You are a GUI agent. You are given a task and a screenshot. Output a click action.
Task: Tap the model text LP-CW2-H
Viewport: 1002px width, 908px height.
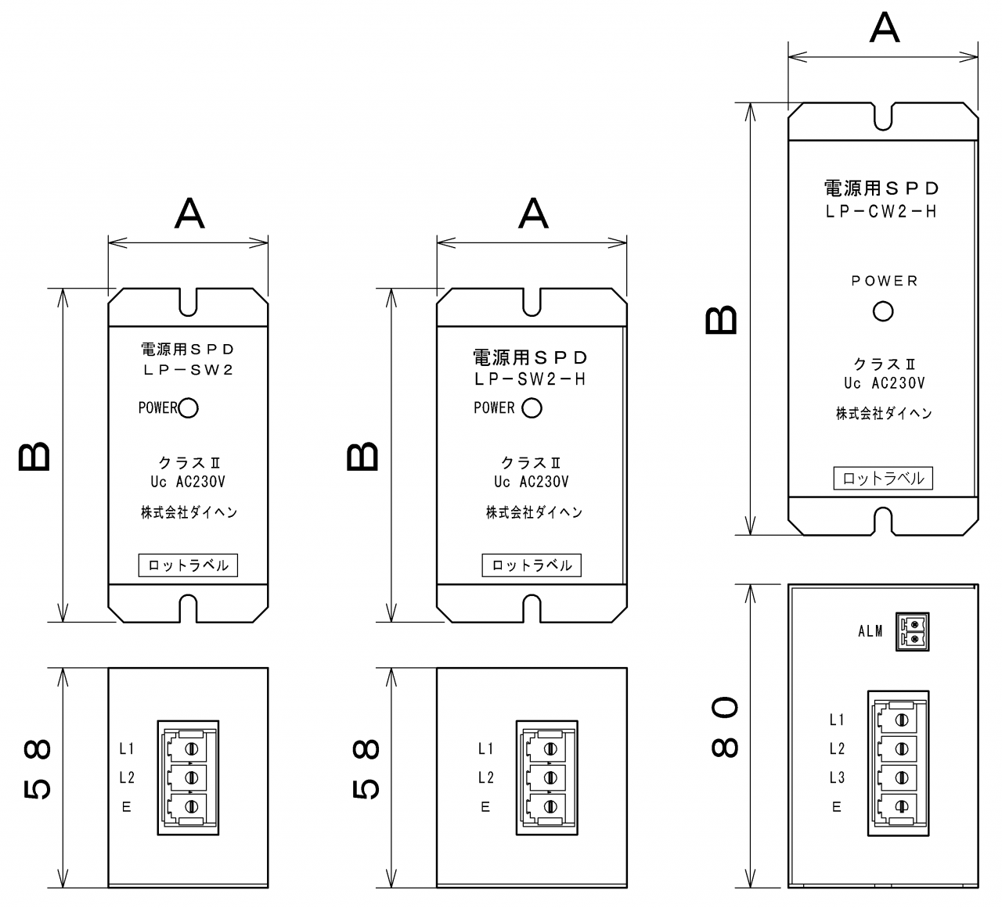(x=881, y=211)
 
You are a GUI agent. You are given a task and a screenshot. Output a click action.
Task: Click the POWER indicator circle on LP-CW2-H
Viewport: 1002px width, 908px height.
(x=883, y=311)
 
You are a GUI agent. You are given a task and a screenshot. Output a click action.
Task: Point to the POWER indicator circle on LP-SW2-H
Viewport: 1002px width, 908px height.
(x=532, y=407)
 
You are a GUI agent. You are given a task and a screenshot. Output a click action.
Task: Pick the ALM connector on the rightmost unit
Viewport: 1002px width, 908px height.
(x=913, y=630)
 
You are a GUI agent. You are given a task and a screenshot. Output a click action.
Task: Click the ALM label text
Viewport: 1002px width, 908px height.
(x=870, y=631)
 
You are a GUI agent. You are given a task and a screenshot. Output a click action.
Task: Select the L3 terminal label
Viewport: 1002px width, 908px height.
(x=837, y=777)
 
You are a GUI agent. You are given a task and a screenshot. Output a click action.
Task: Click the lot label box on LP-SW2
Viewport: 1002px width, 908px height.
(x=188, y=565)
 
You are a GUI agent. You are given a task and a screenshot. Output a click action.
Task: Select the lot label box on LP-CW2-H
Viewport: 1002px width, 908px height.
(x=883, y=479)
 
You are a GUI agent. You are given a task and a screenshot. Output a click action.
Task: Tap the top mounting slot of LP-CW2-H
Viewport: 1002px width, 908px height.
(x=883, y=116)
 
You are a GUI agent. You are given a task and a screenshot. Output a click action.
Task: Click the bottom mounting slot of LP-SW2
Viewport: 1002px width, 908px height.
(x=188, y=608)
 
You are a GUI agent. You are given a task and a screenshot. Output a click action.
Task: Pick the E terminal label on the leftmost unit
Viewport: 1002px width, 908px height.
(x=126, y=807)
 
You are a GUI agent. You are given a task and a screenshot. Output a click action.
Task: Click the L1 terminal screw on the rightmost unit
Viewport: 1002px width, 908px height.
(x=902, y=720)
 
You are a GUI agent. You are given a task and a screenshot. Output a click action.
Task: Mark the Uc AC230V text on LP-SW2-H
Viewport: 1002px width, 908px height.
(x=532, y=482)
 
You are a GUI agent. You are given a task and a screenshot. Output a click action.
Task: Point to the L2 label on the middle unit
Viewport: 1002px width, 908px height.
(x=485, y=777)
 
